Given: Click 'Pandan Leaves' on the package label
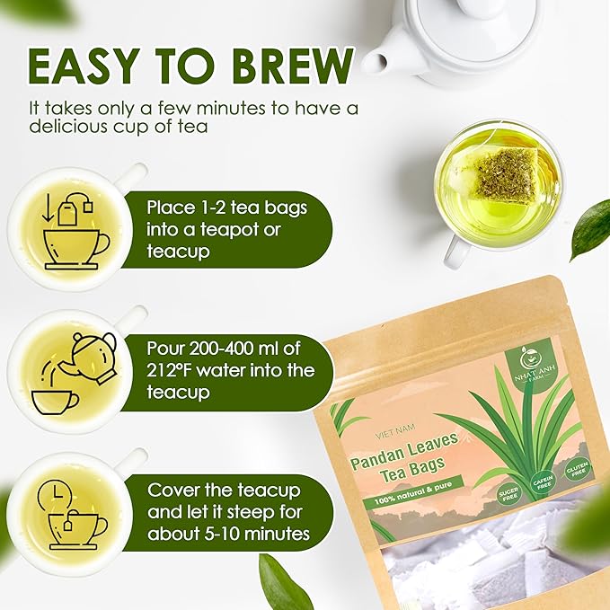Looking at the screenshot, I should point(405,445).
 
